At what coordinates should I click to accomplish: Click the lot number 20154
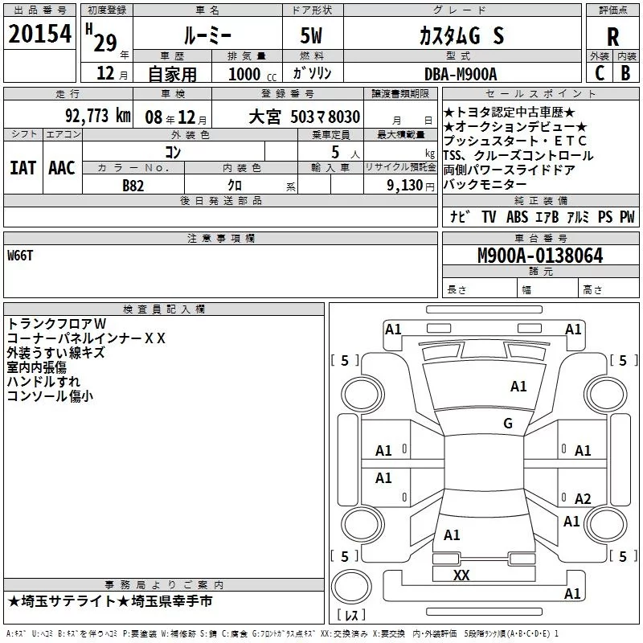tap(41, 34)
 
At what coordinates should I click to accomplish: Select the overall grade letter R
tap(613, 36)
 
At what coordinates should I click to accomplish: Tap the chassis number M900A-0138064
tap(540, 256)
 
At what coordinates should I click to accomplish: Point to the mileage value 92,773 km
tap(97, 116)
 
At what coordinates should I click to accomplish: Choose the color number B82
tap(133, 185)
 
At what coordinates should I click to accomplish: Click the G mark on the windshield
tap(507, 424)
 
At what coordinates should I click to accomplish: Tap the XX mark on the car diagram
tap(461, 575)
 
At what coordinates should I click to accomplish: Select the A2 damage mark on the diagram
tap(583, 498)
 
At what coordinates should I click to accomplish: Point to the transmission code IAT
tap(23, 167)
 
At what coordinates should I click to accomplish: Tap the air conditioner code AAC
tap(62, 167)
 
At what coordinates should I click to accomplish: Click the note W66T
tap(21, 255)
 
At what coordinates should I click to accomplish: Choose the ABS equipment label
tap(517, 216)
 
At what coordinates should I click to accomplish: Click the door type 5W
tap(313, 36)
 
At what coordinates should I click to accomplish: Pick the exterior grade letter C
tap(599, 73)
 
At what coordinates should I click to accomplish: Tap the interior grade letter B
tap(626, 73)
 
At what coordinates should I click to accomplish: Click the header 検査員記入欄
tap(164, 309)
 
